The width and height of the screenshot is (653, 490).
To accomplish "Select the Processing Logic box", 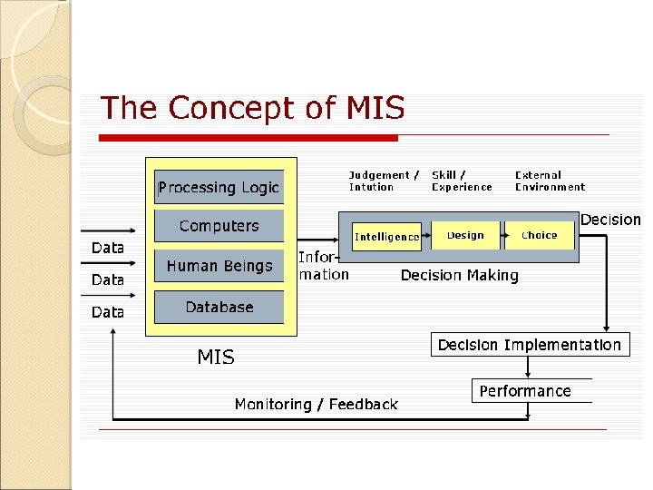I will coord(219,188).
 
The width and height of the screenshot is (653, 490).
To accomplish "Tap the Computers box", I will coord(219,226).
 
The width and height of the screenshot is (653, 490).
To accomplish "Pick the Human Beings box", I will coord(219,266).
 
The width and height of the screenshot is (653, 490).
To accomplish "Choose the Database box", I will coord(219,307).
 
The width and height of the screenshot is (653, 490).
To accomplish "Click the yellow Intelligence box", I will coord(387,237).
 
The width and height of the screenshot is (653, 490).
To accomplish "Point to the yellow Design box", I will coord(465,235).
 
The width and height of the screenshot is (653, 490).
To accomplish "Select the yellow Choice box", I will coord(540,235).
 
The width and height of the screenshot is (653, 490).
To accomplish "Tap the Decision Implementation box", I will coord(530,345).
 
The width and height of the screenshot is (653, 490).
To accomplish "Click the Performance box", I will coord(526,391).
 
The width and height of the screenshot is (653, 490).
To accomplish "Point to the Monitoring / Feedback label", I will coord(316,404).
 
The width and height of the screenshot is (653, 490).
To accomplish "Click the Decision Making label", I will coord(460,275).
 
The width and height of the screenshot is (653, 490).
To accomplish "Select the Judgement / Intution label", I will coord(384,181).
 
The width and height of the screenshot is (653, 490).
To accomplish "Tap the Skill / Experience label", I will coord(462,181).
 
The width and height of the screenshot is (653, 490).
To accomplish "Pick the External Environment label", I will coord(550,181).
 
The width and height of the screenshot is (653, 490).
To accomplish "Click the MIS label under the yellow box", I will coord(216,358).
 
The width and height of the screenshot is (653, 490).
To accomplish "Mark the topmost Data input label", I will coord(108,248).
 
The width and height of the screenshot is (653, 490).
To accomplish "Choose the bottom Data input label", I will coord(108,311).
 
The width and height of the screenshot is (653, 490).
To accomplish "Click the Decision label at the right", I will coord(610,220).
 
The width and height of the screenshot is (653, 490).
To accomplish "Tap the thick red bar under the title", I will coord(248,138).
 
